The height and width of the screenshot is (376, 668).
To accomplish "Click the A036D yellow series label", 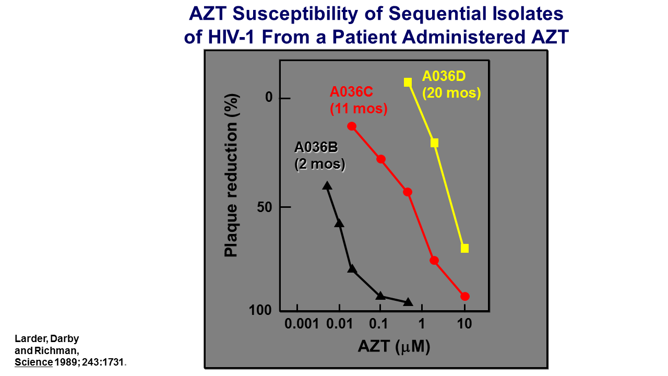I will click(451, 85).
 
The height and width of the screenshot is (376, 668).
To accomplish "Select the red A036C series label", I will click(358, 100).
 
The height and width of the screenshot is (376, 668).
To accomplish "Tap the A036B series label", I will click(320, 156).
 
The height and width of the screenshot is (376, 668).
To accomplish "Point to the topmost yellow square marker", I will click(408, 82).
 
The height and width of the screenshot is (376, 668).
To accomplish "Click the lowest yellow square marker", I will click(464, 248).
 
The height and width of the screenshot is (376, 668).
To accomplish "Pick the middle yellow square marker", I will click(434, 143).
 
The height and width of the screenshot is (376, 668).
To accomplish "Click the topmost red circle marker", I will click(352, 126).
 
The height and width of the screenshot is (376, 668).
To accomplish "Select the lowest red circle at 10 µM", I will click(465, 296).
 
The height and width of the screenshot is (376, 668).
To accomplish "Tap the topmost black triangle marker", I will click(327, 185).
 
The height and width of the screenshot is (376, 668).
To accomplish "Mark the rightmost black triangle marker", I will click(408, 302).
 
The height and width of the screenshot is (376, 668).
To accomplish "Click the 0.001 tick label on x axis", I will click(302, 324).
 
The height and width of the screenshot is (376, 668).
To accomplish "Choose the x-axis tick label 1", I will click(421, 324).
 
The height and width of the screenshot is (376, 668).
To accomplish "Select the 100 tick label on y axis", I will click(260, 310).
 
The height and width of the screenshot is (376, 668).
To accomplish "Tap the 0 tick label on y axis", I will click(269, 98).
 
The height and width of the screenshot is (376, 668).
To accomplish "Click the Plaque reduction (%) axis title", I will click(231, 175).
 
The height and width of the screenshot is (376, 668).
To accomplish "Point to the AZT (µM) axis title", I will click(394, 346).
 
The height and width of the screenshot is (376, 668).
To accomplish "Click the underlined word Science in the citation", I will click(33, 362).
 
